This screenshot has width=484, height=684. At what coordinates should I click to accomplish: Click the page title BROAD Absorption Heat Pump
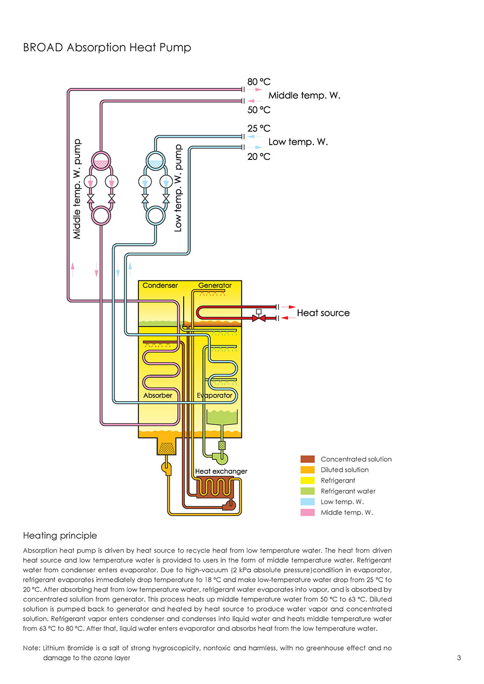tap(107, 47)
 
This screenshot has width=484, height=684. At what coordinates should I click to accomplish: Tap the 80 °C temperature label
tap(259, 81)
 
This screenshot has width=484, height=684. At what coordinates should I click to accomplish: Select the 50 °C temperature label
tap(259, 110)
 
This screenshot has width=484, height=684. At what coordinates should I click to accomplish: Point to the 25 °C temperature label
tap(259, 128)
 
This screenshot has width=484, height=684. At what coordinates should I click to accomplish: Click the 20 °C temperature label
tap(259, 156)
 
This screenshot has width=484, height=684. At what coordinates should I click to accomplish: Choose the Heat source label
tap(323, 313)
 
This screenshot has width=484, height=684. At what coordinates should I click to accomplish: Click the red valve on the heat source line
tap(258, 317)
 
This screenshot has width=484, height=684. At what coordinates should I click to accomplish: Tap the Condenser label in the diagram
tap(160, 285)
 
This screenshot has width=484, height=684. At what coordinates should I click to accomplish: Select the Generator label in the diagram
tap(215, 285)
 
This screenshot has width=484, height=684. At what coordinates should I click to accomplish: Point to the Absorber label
tap(158, 395)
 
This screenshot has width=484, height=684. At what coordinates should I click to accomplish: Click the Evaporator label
tap(214, 395)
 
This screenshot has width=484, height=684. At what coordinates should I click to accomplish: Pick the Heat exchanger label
tap(221, 471)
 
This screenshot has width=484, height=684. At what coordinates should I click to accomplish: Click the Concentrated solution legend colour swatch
tap(307, 459)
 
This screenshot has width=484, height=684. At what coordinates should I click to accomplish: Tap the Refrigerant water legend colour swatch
tap(307, 491)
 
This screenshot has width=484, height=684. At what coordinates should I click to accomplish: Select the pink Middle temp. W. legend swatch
tap(307, 512)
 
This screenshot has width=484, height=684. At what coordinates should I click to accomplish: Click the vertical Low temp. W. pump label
tap(178, 188)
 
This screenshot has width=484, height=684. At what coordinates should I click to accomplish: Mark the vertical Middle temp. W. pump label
tap(77, 189)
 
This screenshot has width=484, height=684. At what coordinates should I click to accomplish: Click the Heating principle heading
tap(60, 535)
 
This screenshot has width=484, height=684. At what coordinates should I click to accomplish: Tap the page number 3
tap(459, 658)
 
